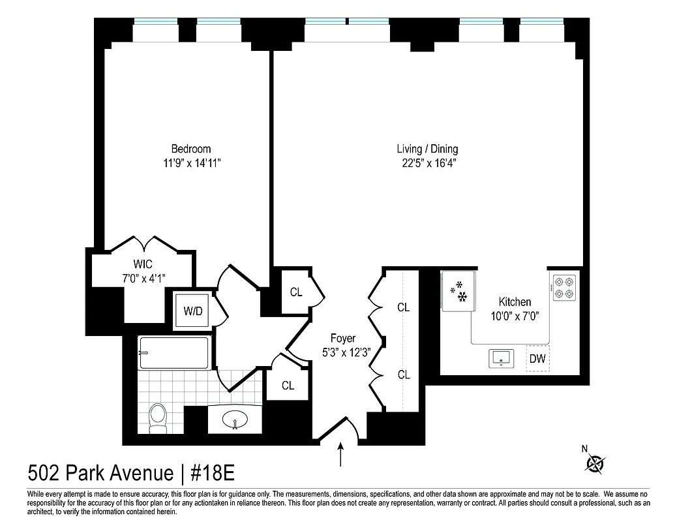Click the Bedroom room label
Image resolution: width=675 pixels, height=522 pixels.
pos(191,149)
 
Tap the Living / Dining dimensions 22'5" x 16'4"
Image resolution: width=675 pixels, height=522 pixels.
pos(427,163)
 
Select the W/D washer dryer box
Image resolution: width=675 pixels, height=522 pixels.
pos(193,311)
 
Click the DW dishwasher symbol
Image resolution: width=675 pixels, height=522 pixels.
pos(537,358)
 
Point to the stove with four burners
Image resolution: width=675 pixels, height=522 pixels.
pos(564,288)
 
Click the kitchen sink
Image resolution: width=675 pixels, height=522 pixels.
pos(501,358)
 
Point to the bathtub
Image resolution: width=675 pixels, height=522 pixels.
pos(174,353)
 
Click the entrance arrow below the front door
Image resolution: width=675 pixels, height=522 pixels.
pos(341,455)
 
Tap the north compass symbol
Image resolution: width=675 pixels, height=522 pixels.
pos(594,463)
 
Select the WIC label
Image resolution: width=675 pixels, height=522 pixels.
pos(143,264)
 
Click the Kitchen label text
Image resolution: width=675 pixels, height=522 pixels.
pos(515,301)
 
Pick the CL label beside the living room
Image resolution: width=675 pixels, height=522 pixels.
pos(295,292)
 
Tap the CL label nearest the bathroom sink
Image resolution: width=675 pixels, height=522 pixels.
pos(288,385)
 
